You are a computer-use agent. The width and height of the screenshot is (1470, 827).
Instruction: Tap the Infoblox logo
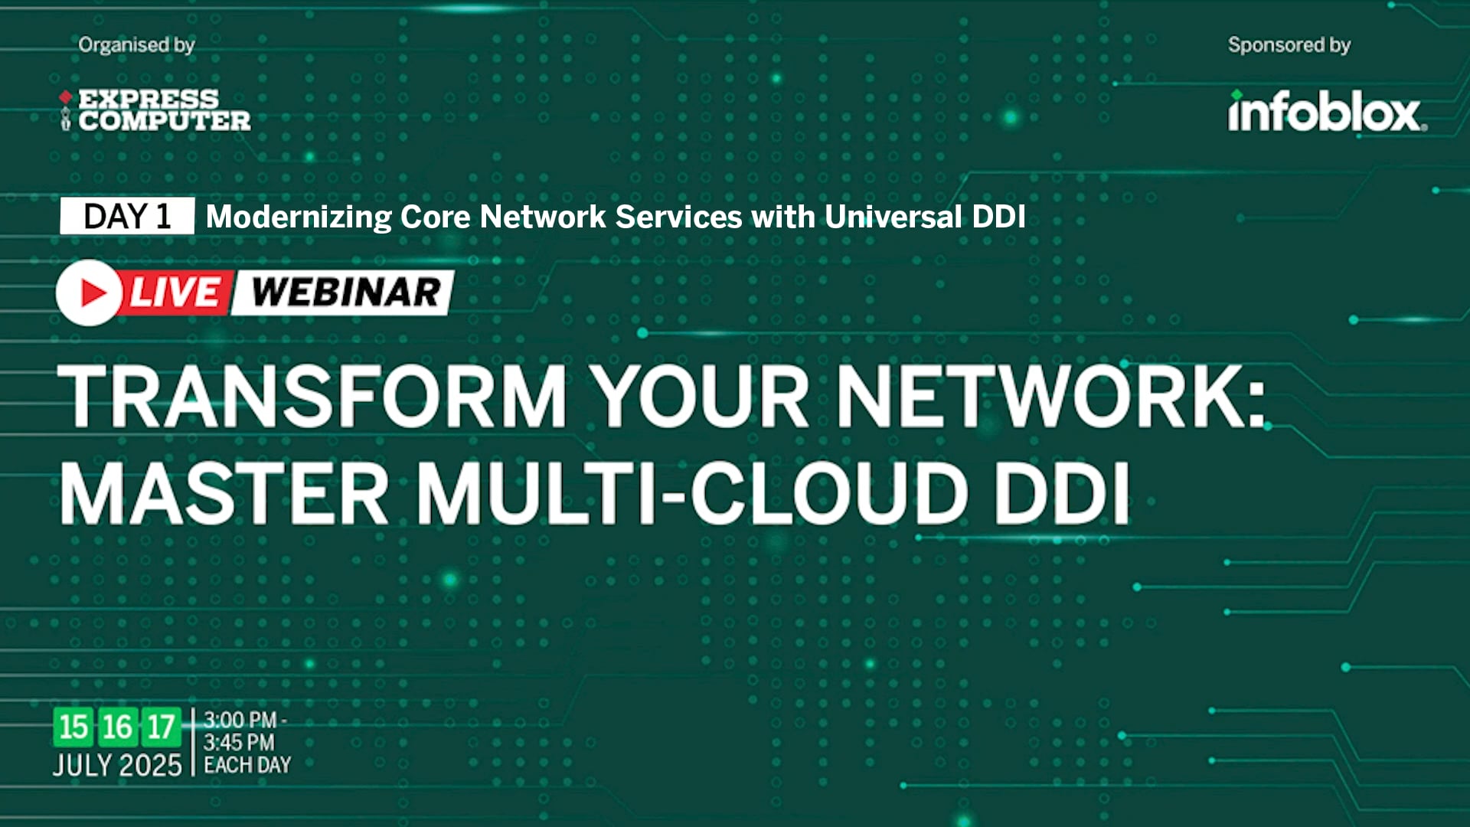1327,113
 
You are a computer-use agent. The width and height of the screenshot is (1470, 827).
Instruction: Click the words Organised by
136,45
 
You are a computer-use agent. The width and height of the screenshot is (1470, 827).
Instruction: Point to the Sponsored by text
1289,45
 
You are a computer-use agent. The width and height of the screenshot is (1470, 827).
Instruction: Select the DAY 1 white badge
127,217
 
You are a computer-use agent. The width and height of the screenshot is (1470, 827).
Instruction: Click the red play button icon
90,293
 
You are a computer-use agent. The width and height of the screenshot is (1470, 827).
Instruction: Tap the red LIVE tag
176,293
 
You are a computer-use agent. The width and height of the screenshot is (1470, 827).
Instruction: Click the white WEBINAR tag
345,293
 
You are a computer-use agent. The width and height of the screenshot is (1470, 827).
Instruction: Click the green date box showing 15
73,727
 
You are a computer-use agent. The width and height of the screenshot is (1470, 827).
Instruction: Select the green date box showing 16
117,727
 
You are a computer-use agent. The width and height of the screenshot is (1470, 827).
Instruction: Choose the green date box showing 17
161,727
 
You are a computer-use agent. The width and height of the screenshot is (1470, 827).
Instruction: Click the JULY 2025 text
117,765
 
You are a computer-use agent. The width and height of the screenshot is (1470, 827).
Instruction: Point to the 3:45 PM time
239,742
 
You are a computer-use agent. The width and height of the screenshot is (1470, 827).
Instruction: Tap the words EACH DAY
247,765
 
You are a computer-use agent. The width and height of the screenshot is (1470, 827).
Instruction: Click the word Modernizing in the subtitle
299,217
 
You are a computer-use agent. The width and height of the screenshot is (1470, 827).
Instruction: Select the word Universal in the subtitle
893,217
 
